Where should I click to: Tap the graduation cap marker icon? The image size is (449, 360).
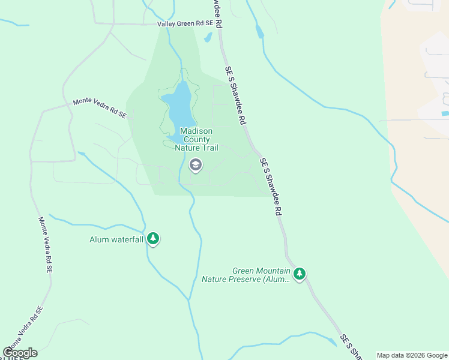click(x=195, y=164)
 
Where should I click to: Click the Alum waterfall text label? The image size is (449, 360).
click(x=116, y=239)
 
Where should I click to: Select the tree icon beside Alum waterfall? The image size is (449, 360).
click(x=153, y=239)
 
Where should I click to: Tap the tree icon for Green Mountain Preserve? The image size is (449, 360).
click(x=300, y=274)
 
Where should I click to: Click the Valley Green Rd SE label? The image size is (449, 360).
click(x=185, y=24)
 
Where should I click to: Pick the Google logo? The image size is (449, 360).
click(x=20, y=353)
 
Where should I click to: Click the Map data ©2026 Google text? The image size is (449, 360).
click(x=412, y=355)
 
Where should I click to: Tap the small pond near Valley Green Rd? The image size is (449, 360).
click(x=208, y=37)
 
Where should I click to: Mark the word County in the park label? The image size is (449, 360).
click(x=197, y=140)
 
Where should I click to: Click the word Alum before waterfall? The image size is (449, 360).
click(x=98, y=239)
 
